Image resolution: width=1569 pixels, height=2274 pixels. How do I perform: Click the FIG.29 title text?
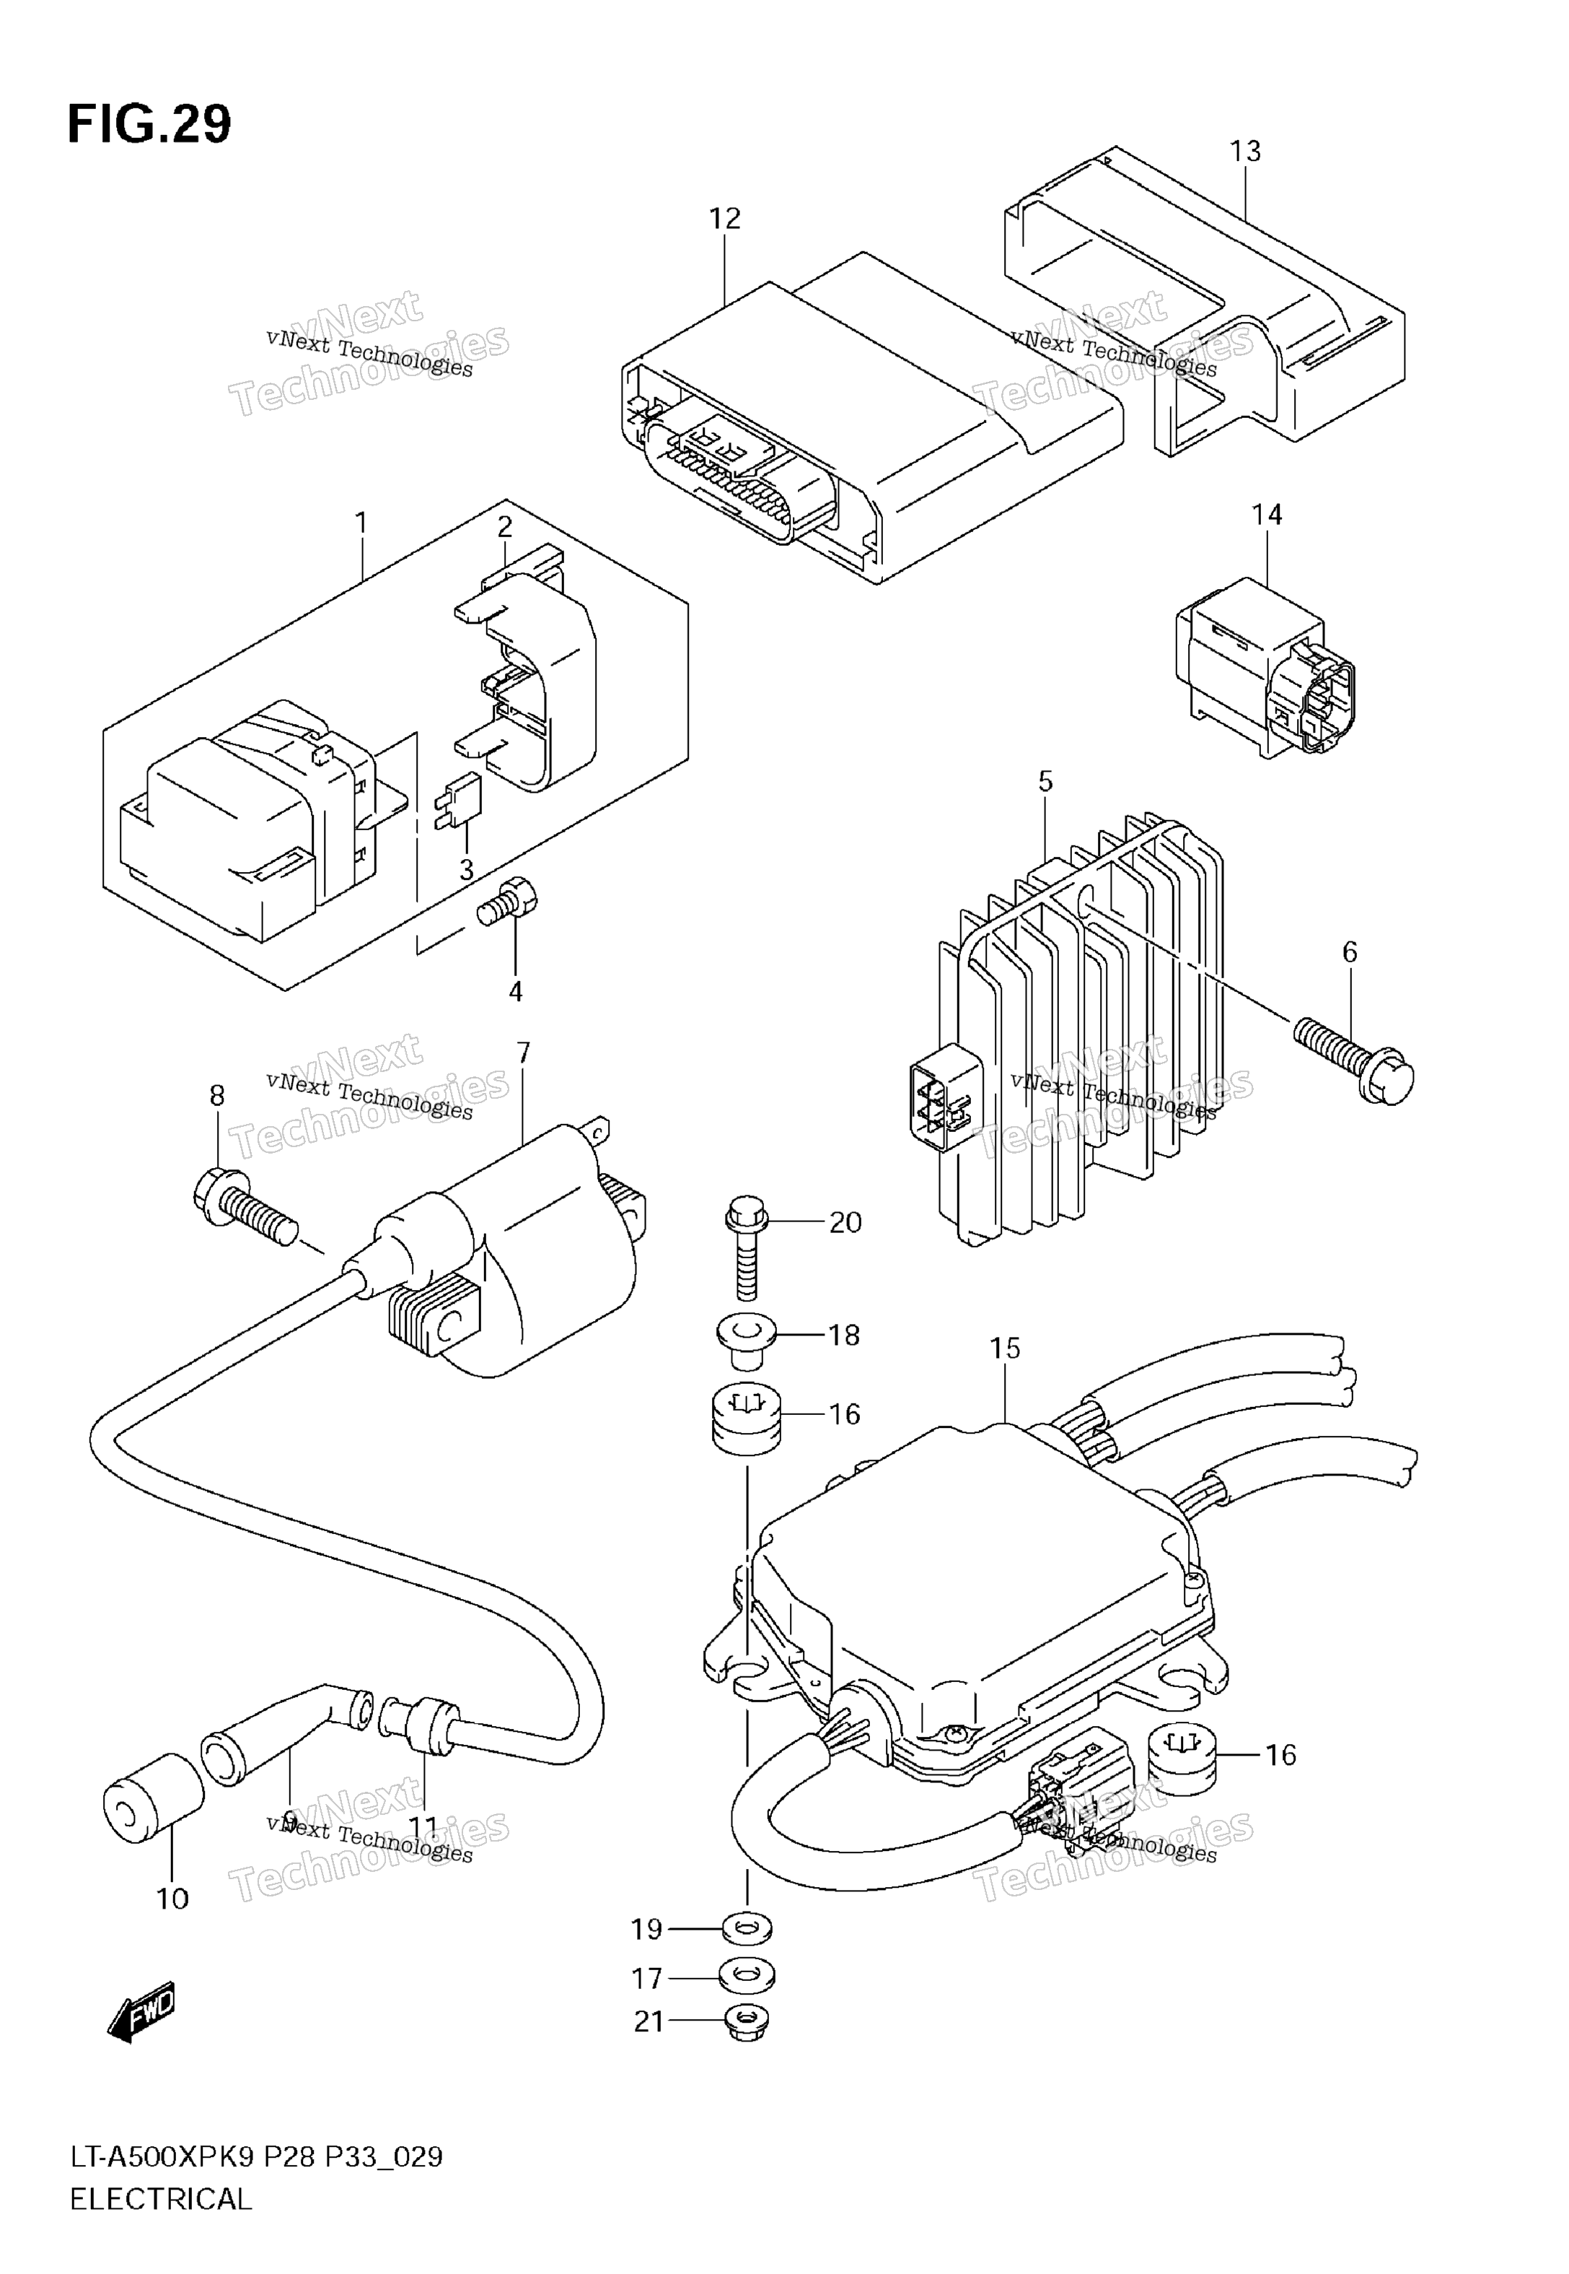pos(149,125)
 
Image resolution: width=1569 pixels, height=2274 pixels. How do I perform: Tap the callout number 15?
pos(1005,1349)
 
